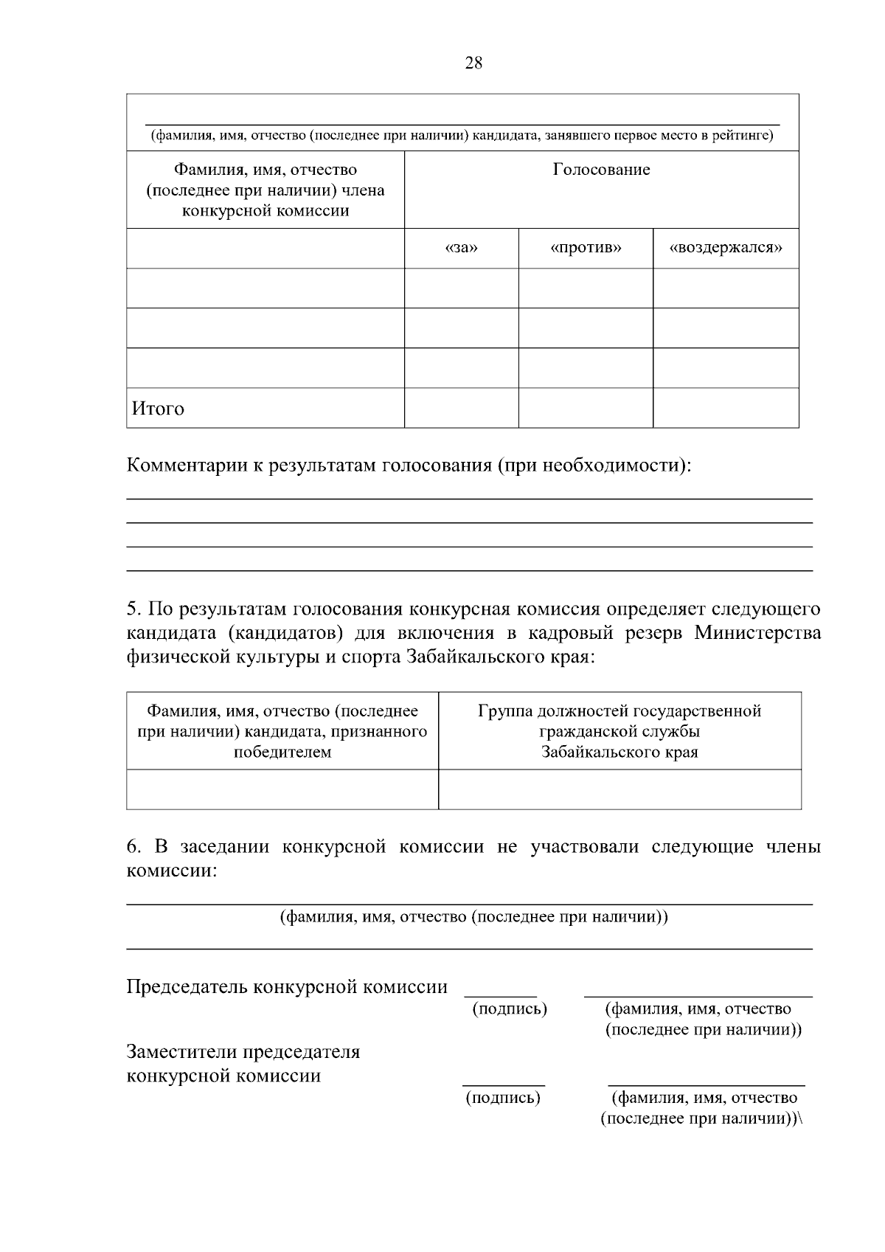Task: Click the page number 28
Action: (473, 63)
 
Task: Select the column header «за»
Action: (462, 248)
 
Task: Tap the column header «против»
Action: (586, 248)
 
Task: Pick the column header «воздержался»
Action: (726, 248)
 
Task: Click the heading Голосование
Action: (601, 170)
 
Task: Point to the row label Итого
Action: (158, 409)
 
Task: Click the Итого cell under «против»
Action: (586, 408)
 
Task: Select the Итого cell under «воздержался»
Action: (726, 408)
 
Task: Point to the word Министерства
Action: (757, 634)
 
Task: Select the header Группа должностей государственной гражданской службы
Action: (619, 731)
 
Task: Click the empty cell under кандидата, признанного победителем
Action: (282, 789)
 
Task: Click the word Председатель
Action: (187, 987)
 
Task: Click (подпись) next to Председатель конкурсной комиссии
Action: (510, 1009)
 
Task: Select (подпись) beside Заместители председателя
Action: (503, 1098)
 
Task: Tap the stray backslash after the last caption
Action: (801, 1118)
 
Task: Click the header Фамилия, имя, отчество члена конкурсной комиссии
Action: (265, 190)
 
